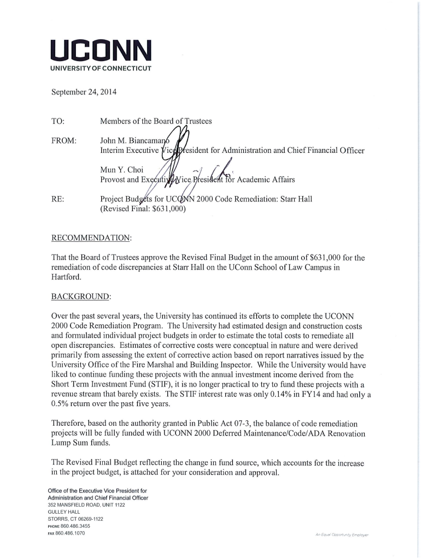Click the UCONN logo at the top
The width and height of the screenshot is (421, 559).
click(x=101, y=51)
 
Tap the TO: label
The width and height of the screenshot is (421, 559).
click(x=58, y=121)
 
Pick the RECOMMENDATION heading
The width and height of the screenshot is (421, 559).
click(x=91, y=238)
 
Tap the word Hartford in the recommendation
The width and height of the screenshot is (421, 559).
click(x=66, y=277)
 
